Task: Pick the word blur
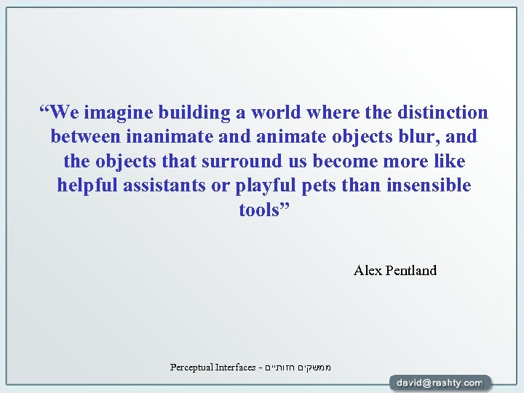418,137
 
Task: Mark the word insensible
429,186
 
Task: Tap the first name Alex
367,271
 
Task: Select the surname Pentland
411,271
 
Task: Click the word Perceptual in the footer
193,368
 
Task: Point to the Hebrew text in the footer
299,368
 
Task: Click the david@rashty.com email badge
439,382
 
